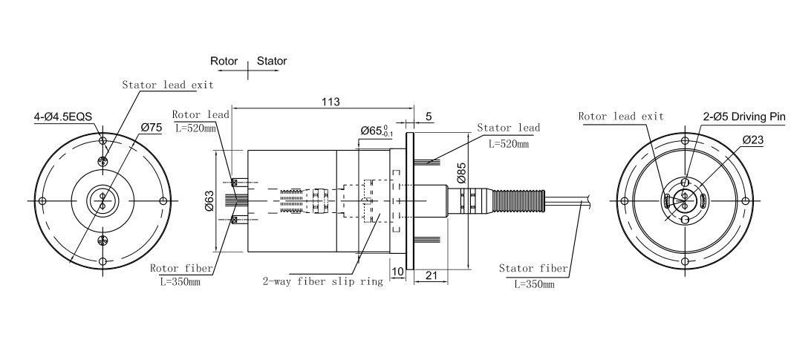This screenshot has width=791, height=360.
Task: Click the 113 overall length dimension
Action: point(331,102)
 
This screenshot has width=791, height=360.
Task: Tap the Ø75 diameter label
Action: point(152,127)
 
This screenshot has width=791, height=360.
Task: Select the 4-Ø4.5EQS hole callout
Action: point(63,117)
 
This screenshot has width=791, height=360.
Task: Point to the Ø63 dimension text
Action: point(209,200)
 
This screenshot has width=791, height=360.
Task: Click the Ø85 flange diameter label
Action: point(460,172)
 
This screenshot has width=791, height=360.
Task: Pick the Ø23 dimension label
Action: point(752,140)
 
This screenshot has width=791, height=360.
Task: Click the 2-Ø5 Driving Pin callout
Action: point(745,117)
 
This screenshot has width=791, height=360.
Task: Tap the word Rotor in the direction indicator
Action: point(224,61)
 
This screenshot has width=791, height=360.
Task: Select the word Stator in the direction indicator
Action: point(272,61)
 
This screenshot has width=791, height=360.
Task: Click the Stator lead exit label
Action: point(168,85)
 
